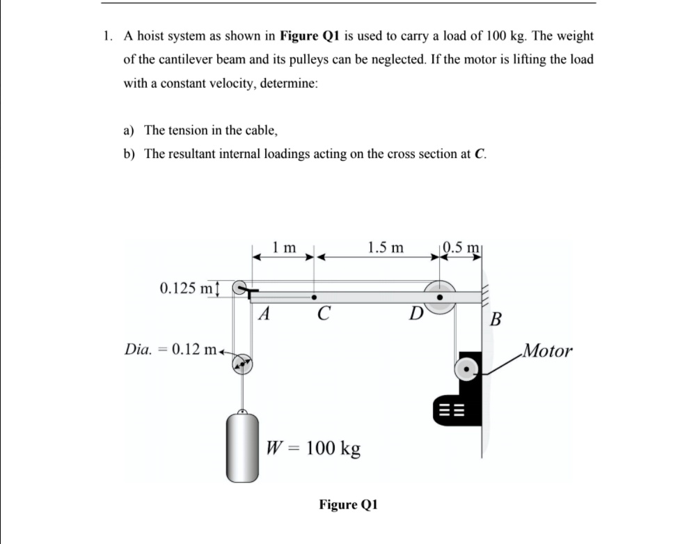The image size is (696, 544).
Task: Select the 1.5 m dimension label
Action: [x=385, y=247]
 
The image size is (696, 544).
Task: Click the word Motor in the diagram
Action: [x=548, y=350]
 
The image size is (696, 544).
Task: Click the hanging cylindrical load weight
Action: [x=242, y=445]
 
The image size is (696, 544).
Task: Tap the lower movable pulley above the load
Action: [x=242, y=363]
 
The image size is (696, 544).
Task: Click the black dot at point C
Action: [x=315, y=296]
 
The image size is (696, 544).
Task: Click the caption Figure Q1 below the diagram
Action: [x=348, y=504]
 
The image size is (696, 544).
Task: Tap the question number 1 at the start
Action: [x=105, y=36]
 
